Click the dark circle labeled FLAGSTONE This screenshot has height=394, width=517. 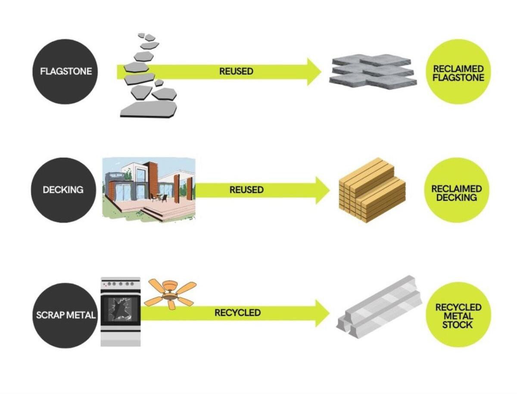(65, 71)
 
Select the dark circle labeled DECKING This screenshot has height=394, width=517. (63, 190)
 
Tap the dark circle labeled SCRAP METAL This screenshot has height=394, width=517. (65, 315)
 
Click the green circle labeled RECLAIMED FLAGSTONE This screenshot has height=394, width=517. (458, 73)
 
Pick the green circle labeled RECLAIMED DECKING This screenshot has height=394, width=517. (456, 192)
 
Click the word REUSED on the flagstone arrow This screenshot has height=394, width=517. (236, 71)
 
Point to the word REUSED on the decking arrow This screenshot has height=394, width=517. (246, 190)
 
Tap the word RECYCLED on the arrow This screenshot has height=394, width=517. (237, 313)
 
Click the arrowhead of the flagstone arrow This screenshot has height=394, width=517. (313, 72)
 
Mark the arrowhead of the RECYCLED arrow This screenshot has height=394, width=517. (322, 313)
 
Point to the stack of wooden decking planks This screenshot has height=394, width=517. (372, 190)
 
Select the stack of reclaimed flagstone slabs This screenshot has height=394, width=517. (373, 71)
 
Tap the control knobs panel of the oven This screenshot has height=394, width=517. (120, 284)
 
